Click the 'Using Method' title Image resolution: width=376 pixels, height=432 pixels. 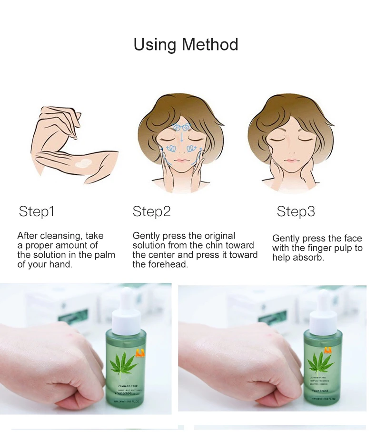(186, 45)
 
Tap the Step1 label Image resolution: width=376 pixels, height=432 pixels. (37, 211)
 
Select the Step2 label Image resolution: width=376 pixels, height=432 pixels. (151, 211)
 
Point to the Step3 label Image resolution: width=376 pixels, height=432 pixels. (296, 211)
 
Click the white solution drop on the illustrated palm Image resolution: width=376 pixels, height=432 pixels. (84, 163)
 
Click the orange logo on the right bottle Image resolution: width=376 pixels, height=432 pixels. (328, 351)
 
